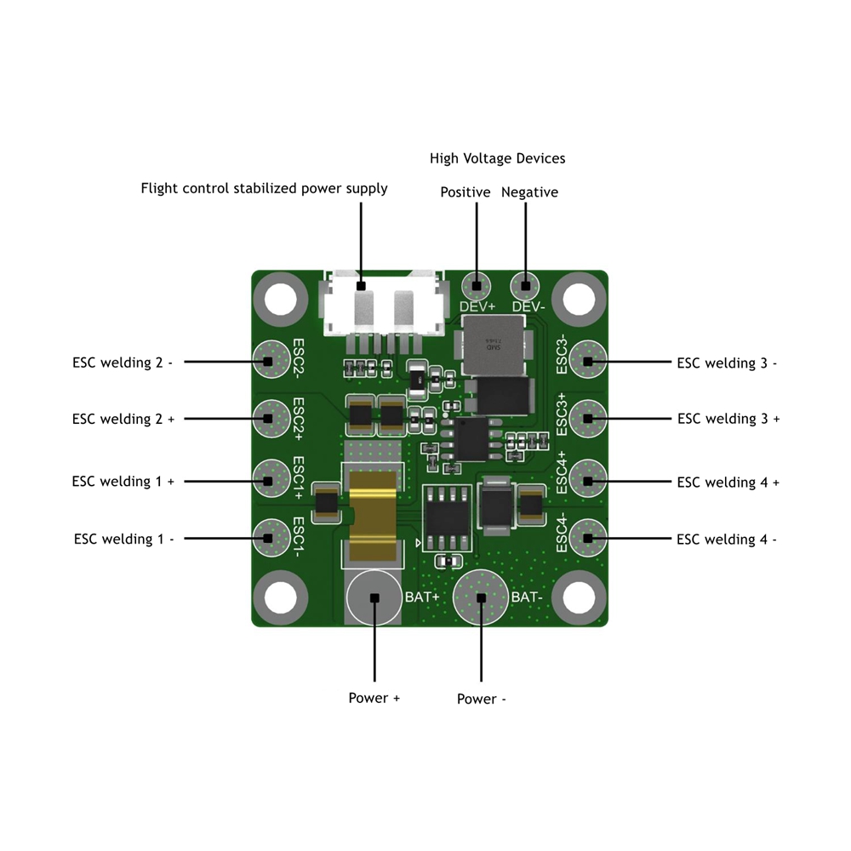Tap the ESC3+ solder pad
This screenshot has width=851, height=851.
click(x=587, y=417)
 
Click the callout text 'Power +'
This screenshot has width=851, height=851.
click(x=374, y=698)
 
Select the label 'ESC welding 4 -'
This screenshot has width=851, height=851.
click(x=727, y=539)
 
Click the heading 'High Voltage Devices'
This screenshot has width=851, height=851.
click(x=497, y=158)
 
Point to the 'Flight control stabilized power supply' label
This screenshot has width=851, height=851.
click(x=264, y=188)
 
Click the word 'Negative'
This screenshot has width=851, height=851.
click(x=529, y=192)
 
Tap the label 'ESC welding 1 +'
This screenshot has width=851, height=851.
click(x=123, y=481)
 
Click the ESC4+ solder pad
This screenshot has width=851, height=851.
click(x=587, y=481)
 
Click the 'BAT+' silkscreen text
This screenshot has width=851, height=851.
click(x=422, y=597)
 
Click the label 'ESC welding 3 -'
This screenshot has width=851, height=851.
click(x=727, y=363)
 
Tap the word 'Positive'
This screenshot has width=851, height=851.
click(x=465, y=192)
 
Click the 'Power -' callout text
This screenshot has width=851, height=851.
click(x=482, y=699)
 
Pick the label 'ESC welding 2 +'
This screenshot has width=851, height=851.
click(x=123, y=419)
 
